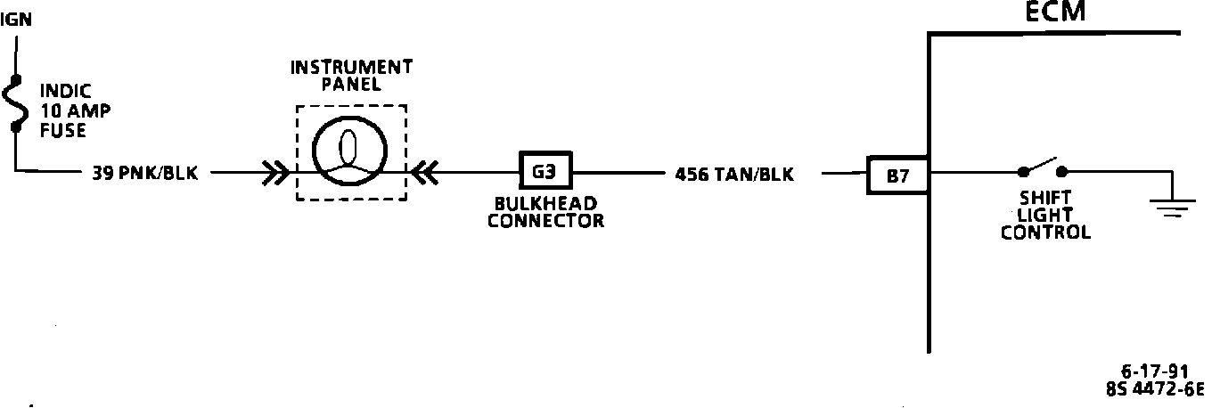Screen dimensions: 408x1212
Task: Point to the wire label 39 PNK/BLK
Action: coord(145,174)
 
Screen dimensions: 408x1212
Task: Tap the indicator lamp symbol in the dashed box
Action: coord(351,152)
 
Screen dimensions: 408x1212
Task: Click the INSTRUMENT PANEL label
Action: coord(351,76)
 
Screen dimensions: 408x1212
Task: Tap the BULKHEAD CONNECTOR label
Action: coord(545,211)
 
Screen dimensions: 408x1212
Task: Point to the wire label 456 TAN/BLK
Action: coord(734,175)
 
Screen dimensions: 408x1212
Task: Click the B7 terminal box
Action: coord(897,175)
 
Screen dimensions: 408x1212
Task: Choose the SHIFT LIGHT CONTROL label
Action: coord(1045,215)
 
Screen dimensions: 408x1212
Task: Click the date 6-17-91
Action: coord(1154,372)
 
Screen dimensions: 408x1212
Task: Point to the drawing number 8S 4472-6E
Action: coord(1154,388)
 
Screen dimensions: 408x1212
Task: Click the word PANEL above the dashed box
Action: coord(351,86)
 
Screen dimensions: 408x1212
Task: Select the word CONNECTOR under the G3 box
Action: coord(545,221)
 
